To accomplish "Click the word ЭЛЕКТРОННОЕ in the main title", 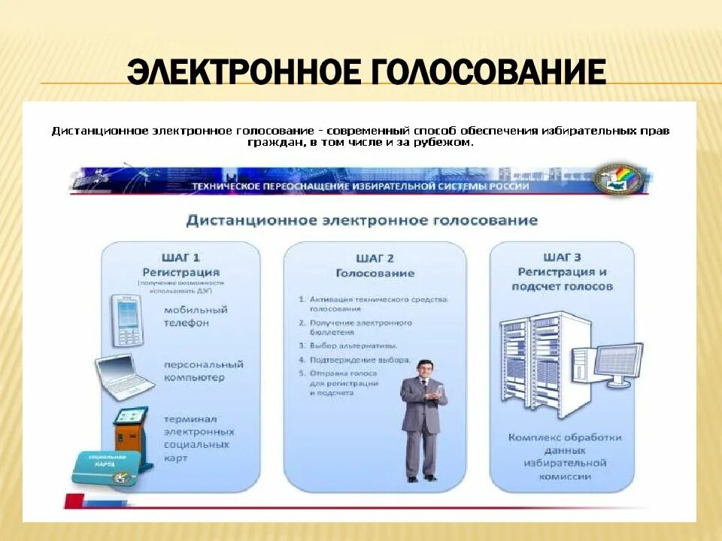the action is click(x=244, y=73).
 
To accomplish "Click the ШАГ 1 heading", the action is click(x=180, y=256).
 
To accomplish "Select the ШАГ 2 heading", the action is click(x=375, y=258).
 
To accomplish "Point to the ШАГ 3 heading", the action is click(x=562, y=256).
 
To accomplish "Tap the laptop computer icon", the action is click(x=124, y=375).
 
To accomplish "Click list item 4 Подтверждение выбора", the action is click(x=353, y=360).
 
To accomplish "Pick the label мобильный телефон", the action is click(x=195, y=316).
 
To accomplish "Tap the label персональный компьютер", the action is click(x=203, y=370).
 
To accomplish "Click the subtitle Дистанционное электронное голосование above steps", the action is click(x=362, y=220).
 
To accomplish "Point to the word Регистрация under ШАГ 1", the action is click(x=180, y=271).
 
